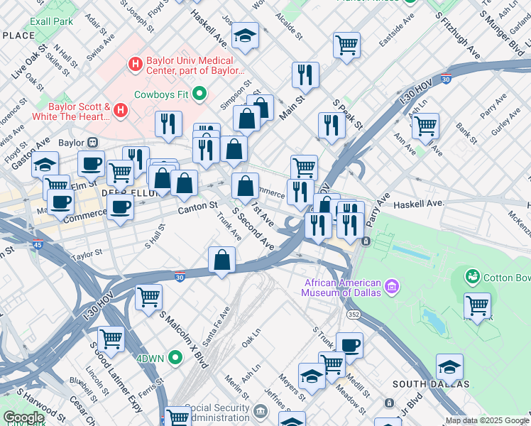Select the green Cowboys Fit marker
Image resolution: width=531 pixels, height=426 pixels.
click(199, 94)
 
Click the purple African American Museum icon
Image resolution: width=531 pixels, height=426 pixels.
click(391, 288)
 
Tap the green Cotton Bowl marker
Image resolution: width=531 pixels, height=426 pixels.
click(472, 275)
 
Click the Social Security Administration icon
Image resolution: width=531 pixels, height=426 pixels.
click(260, 410)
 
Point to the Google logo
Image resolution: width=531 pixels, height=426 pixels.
click(23, 417)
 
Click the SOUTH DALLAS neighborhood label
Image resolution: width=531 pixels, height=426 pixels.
click(431, 384)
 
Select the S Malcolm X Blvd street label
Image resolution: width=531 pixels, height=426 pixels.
click(183, 339)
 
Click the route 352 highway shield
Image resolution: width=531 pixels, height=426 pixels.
click(353, 313)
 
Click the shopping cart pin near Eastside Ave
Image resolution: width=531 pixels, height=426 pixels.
click(346, 45)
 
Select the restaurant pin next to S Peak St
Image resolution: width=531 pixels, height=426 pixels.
click(332, 125)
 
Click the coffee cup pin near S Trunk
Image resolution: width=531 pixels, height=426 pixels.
click(349, 345)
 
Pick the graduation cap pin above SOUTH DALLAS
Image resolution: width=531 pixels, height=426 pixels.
click(449, 366)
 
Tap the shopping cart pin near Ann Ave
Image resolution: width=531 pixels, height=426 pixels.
click(425, 126)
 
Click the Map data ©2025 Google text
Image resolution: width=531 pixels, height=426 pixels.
click(486, 420)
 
